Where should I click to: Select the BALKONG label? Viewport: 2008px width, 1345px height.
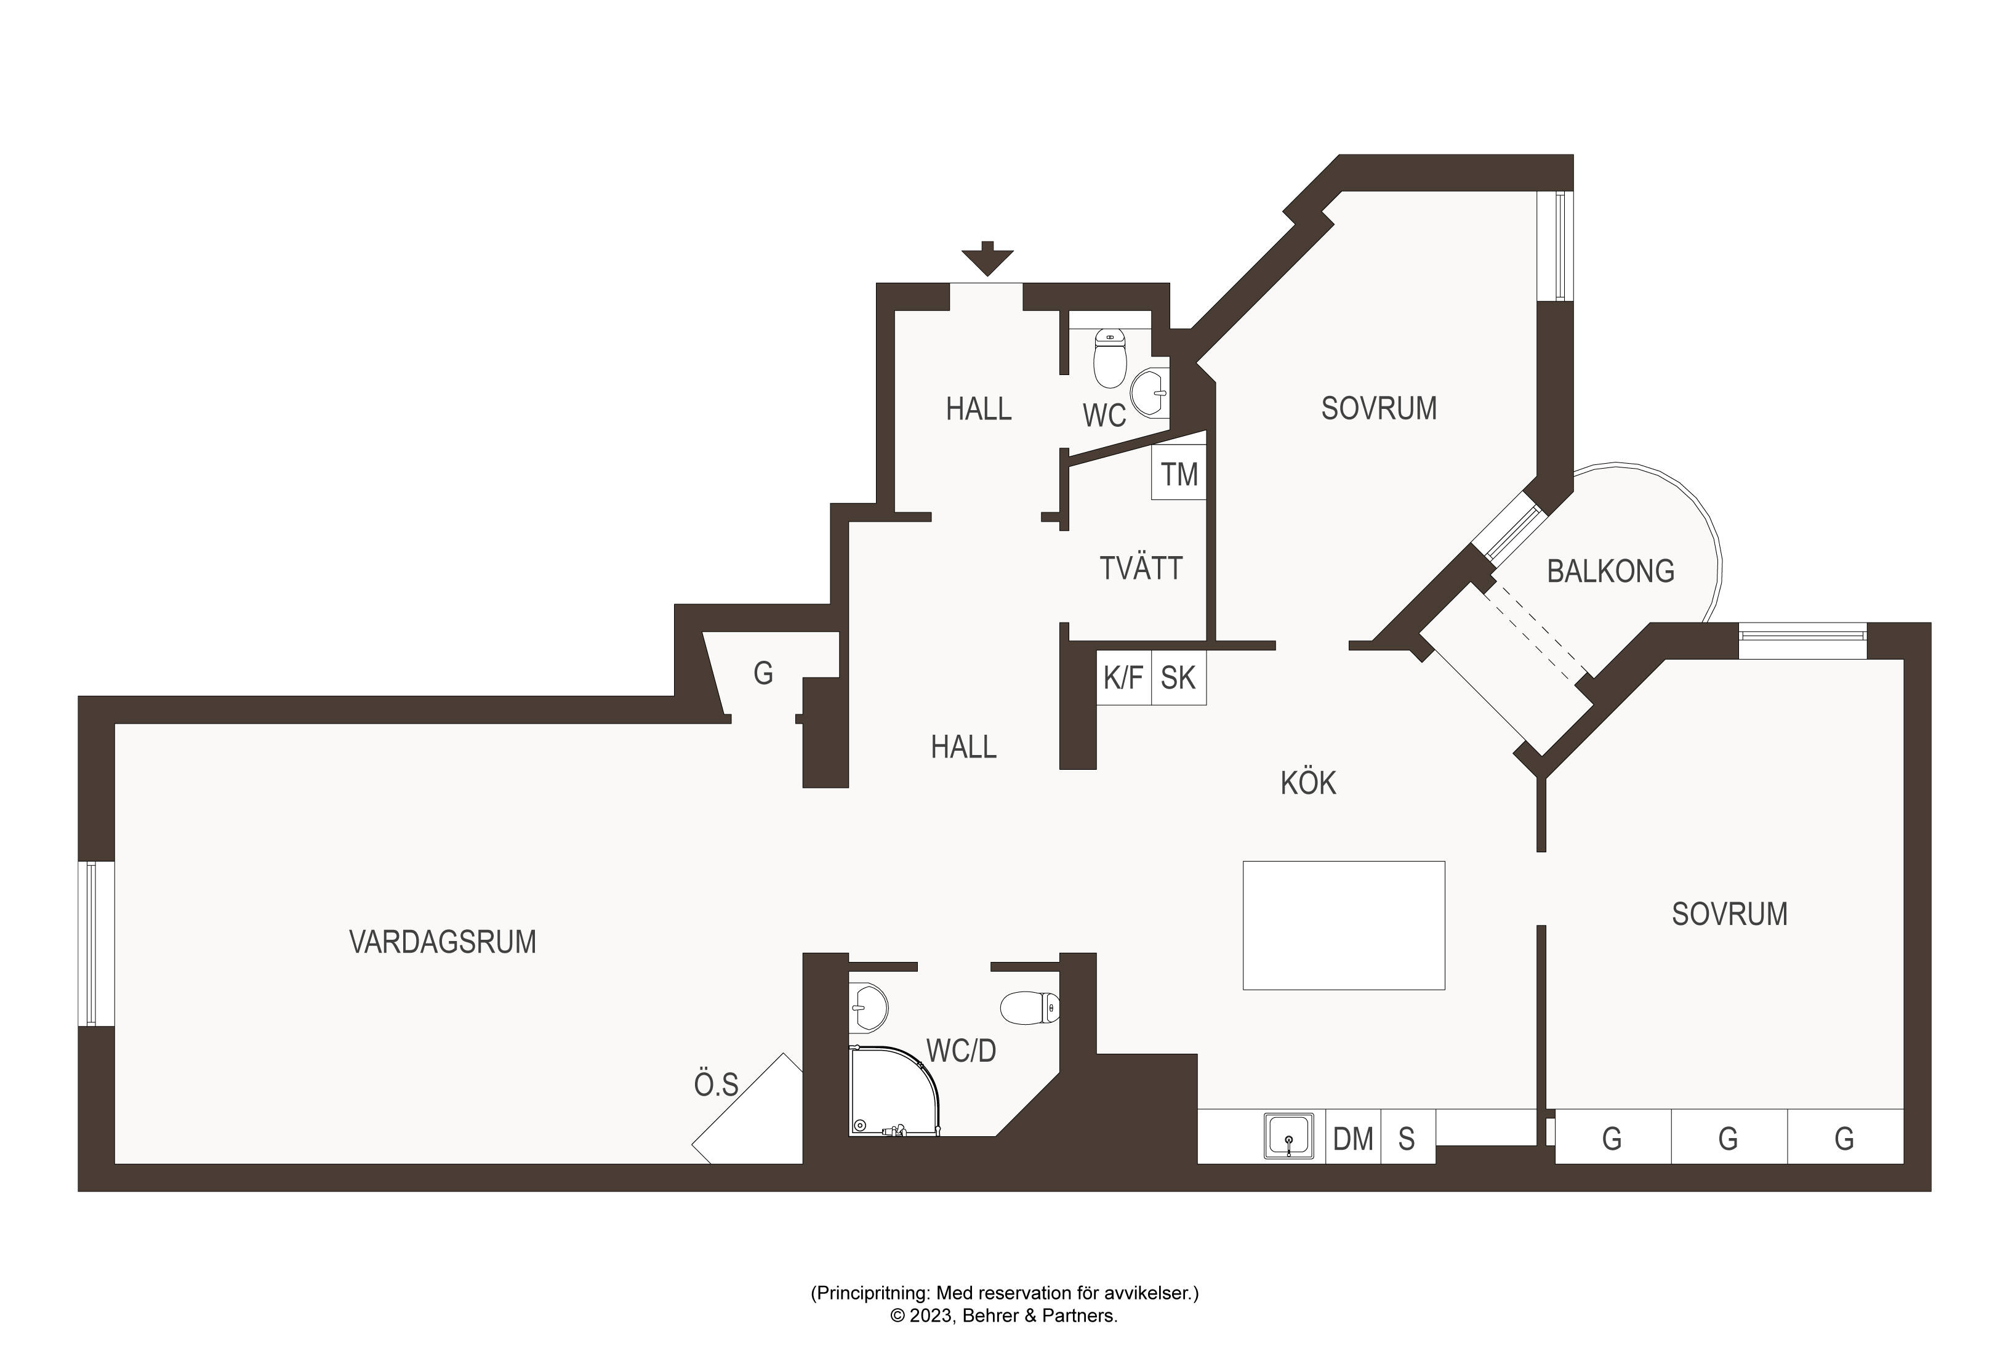(1610, 572)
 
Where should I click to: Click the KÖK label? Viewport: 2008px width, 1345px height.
(1308, 782)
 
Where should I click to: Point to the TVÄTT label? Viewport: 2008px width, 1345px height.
(1141, 567)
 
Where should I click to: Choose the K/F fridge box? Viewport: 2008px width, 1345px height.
(1123, 677)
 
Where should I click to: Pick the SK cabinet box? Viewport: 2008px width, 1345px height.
(1179, 677)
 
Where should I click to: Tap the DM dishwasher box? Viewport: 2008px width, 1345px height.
(1353, 1137)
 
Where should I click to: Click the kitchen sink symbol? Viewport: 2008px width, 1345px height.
(1288, 1136)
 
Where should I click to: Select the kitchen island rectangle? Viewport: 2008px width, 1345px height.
(1344, 926)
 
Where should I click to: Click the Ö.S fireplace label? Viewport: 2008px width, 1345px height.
(716, 1085)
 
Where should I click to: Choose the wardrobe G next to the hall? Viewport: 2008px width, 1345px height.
(763, 673)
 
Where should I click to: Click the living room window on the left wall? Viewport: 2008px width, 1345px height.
(95, 943)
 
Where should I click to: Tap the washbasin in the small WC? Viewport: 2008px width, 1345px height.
(1150, 393)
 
